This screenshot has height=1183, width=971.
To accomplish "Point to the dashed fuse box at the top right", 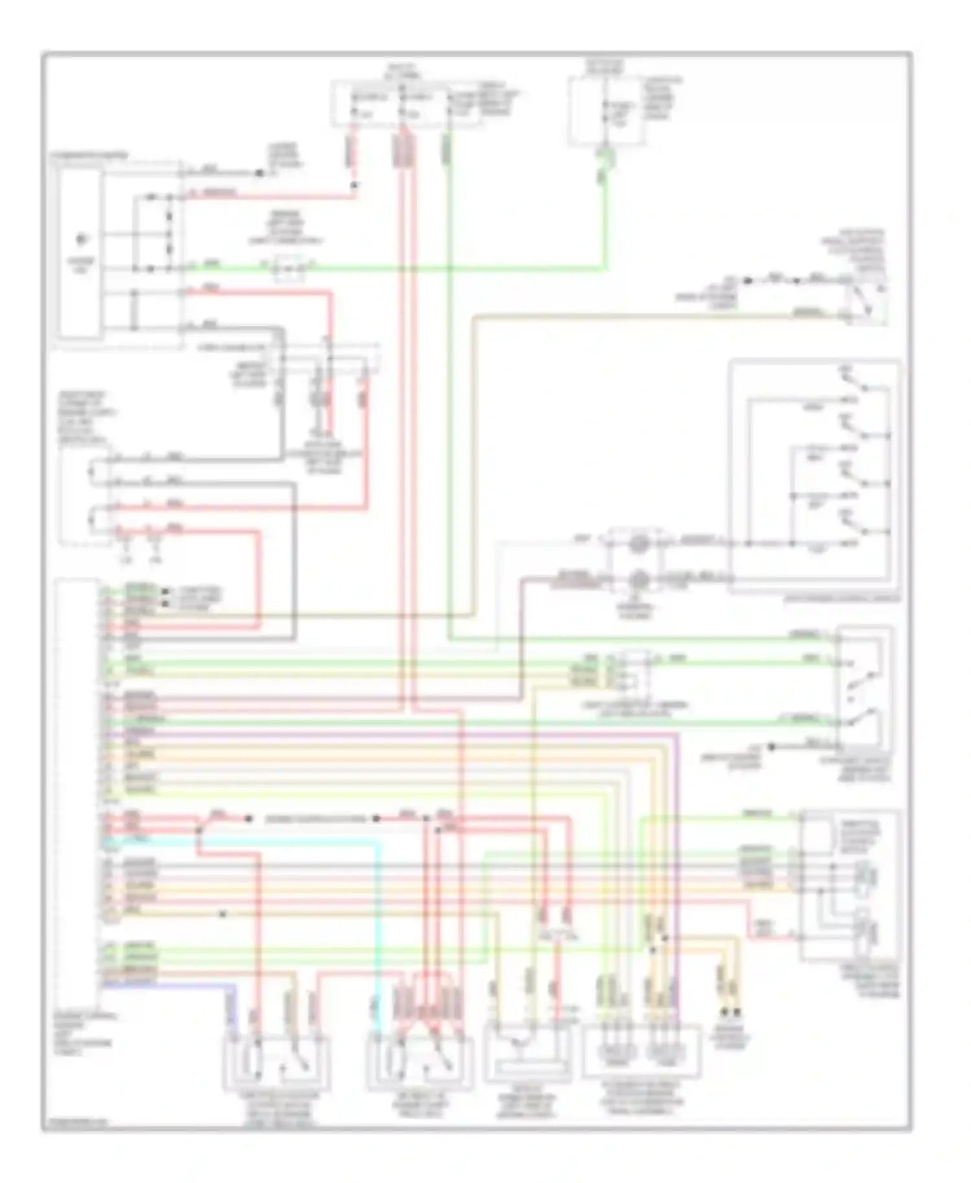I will pyautogui.click(x=607, y=110).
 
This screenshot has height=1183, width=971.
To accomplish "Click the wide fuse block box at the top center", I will pyautogui.click(x=407, y=104).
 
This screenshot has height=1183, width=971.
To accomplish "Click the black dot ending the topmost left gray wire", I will pyautogui.click(x=260, y=173).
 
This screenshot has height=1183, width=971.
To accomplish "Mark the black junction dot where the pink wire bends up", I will pyautogui.click(x=354, y=186).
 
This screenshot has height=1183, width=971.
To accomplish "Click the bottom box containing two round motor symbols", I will pyautogui.click(x=641, y=1052).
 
